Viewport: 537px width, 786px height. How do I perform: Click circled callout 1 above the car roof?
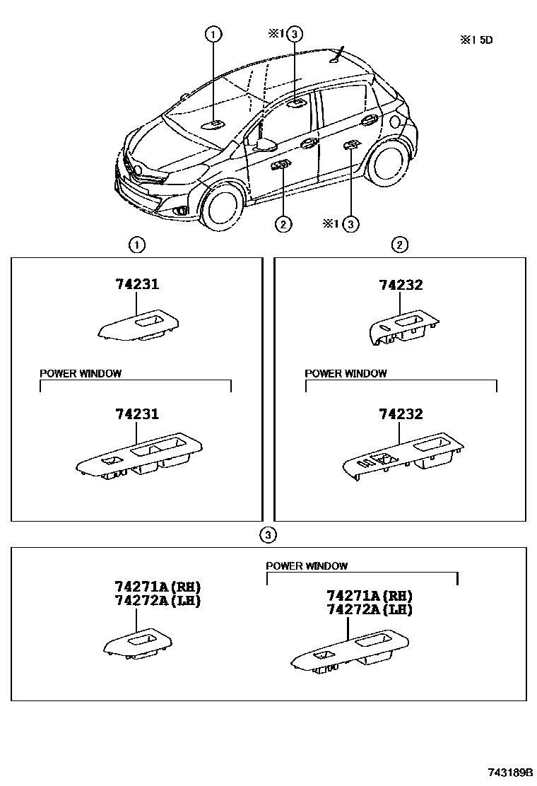(x=213, y=33)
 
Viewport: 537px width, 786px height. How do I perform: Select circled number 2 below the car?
(x=282, y=224)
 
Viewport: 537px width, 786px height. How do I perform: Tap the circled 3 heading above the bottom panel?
(x=268, y=534)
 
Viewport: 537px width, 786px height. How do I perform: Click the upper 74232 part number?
(x=401, y=284)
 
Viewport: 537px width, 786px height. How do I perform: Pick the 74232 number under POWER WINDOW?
(x=401, y=414)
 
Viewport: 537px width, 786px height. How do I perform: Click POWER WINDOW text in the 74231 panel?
(x=80, y=373)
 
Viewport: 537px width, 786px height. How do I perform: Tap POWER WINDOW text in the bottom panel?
(x=307, y=565)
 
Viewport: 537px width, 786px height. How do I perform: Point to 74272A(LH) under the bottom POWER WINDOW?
(x=369, y=609)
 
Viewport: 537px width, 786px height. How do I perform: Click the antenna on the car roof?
(x=341, y=54)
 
